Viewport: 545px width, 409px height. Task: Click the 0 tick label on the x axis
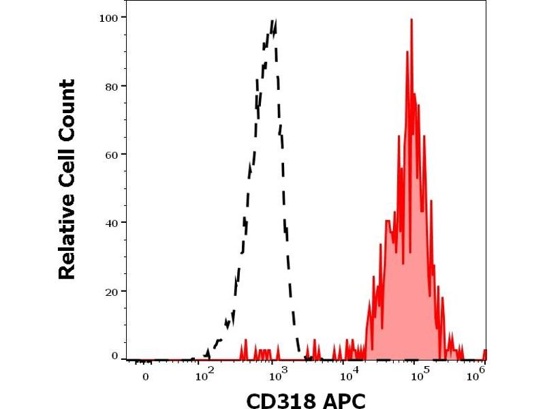144,376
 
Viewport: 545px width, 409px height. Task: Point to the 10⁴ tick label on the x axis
349,374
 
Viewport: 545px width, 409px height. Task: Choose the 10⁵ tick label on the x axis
422,374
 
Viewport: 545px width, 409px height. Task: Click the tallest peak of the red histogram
411,20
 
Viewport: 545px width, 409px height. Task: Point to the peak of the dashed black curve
274,21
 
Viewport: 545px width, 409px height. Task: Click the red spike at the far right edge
484,352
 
